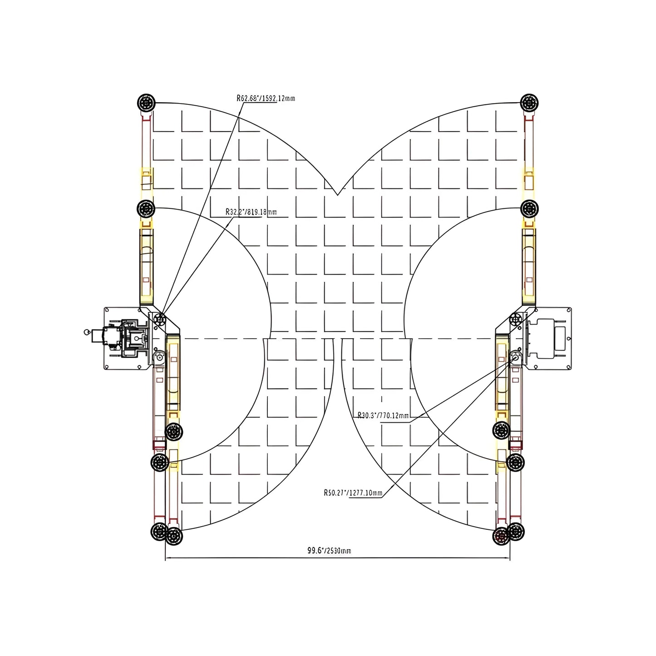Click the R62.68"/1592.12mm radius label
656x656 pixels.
(266, 98)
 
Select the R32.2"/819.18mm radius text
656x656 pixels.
(251, 212)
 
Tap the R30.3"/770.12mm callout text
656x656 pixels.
(383, 415)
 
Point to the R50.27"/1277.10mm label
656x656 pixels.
(353, 493)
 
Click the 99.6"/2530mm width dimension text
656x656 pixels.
(329, 551)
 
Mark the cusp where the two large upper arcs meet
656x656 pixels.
(337, 195)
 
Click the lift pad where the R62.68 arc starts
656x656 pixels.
(146, 103)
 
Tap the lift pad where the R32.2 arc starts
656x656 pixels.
(146, 209)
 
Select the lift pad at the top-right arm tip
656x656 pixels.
(529, 103)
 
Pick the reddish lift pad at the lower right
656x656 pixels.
(502, 537)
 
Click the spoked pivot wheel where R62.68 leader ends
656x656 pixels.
(159, 320)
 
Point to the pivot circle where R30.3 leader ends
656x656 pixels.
(516, 356)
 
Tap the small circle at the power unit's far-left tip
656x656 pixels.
(86, 332)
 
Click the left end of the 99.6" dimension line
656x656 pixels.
(165, 557)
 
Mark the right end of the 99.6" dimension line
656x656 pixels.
(510, 557)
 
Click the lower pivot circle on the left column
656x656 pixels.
(159, 357)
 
